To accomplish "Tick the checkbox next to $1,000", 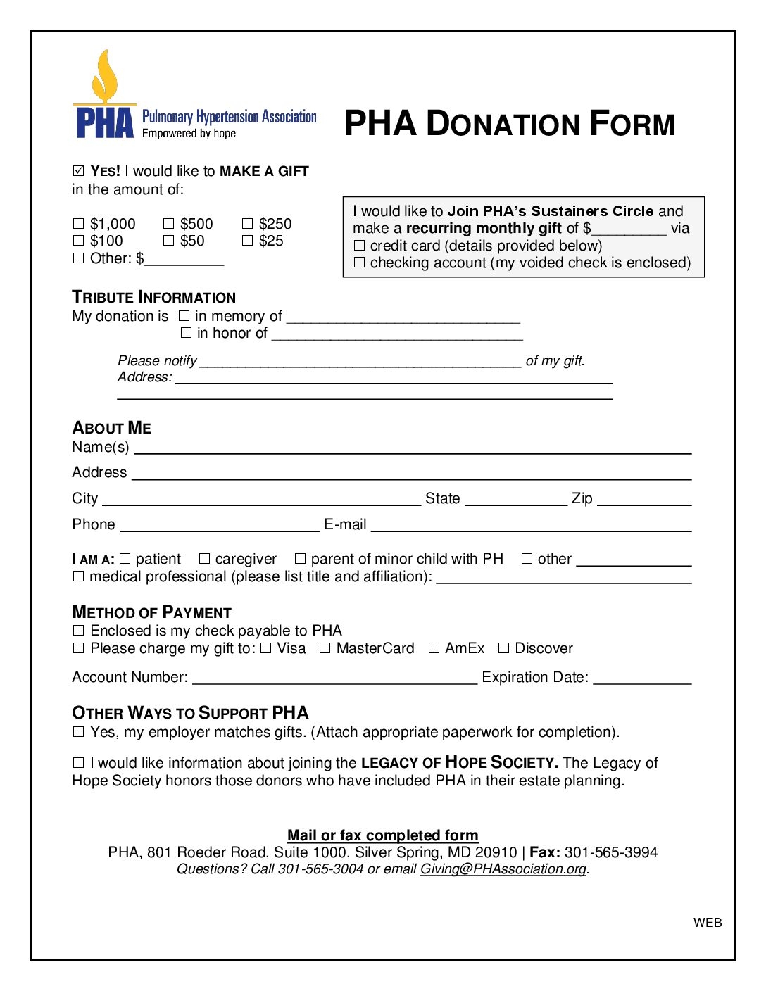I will (78, 224).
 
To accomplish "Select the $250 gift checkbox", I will (247, 224).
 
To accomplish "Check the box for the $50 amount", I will (168, 241).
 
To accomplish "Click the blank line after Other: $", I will (184, 260).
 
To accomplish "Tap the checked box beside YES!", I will (78, 171).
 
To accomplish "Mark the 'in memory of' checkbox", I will (184, 317).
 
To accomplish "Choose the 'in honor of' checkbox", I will (186, 333).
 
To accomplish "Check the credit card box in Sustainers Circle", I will (360, 246).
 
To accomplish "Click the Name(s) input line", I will (413, 449).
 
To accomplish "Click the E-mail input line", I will (531, 526).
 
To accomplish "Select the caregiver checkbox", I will (204, 559).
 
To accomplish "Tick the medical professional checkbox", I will (78, 576).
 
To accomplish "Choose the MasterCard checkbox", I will (325, 648).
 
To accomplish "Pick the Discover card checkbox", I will (503, 648).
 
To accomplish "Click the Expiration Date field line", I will (642, 679).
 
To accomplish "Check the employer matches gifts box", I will (78, 732).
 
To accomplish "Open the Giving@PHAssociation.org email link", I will (503, 869).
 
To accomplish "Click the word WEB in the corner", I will (708, 923).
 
